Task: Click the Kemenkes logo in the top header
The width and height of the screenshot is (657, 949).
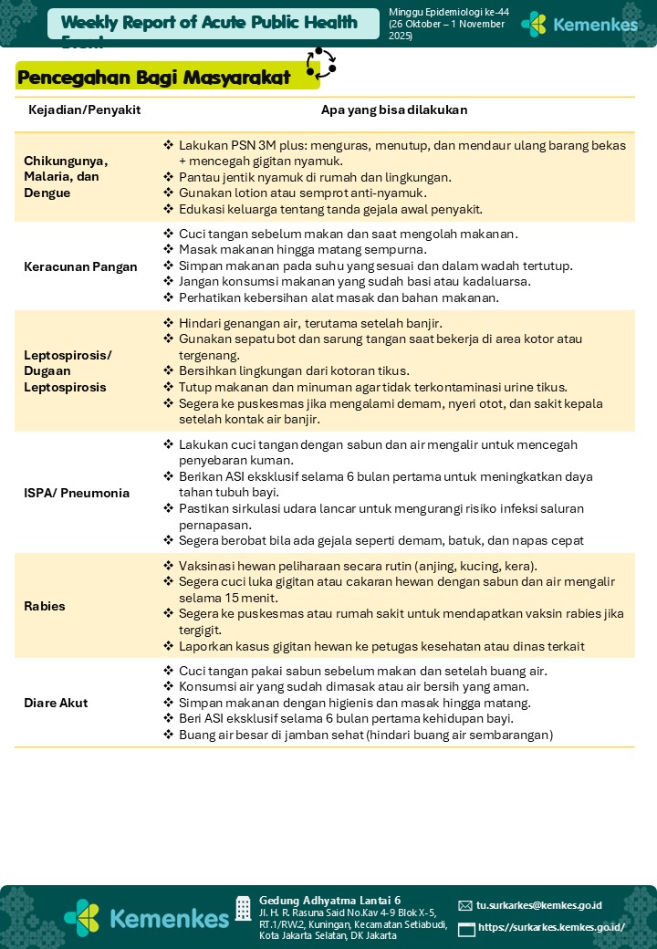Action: coord(579,25)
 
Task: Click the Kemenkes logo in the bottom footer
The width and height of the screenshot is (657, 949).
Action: coord(146,917)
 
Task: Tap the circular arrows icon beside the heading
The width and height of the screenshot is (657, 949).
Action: coord(321,64)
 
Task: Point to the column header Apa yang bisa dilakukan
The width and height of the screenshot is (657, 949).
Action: coord(394,110)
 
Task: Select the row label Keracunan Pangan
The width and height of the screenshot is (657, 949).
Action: coord(80,267)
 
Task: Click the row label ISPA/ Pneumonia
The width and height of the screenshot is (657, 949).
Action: coord(77,493)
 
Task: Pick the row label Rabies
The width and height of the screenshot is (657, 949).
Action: coord(45,606)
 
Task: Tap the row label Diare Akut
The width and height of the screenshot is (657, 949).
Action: coord(56,704)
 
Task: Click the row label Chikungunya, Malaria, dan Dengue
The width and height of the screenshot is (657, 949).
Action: coord(66,177)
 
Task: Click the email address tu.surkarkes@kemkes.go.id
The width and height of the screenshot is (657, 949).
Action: coord(538,905)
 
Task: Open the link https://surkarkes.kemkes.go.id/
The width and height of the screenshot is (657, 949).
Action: coord(551,928)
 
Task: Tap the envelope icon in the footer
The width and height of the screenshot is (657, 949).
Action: coord(465,906)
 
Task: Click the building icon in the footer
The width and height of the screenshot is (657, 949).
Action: coord(243,908)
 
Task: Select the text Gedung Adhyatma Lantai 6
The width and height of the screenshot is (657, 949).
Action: coord(329,900)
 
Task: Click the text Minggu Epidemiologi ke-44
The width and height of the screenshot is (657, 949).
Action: coord(449,12)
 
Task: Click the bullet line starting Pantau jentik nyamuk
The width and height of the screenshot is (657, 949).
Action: coord(315,177)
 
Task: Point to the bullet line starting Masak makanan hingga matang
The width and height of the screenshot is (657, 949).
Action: coord(302,249)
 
